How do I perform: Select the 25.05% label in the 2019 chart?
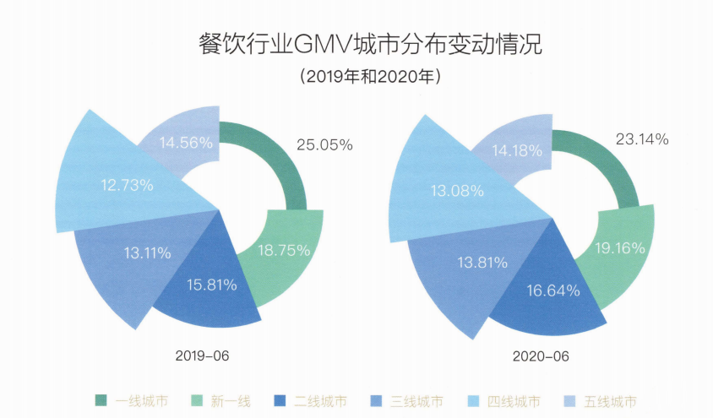coord(324,144)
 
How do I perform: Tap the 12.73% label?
coord(128,185)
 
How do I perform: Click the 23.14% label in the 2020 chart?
coord(641,139)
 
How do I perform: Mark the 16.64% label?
coord(553,291)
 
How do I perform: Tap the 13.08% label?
coord(456,190)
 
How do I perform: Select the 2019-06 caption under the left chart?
coord(201,356)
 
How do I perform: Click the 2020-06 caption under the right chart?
coord(541,356)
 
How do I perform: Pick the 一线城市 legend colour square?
coord(101,400)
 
